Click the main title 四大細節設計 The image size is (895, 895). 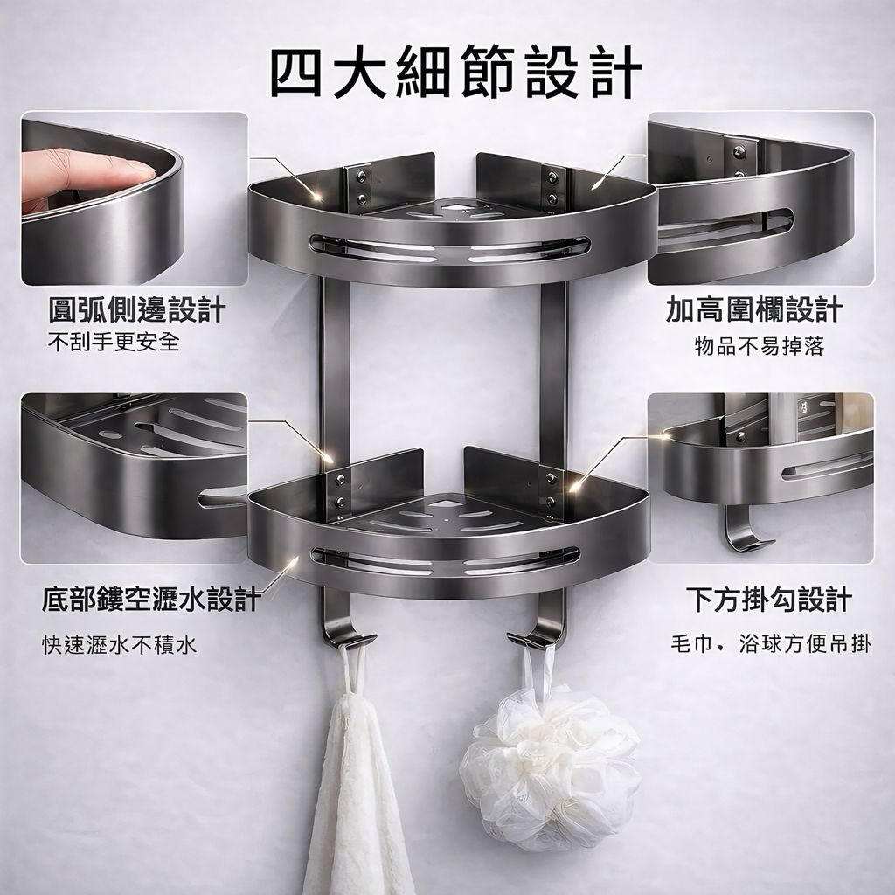pyautogui.click(x=456, y=73)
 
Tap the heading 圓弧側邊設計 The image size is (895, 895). pyautogui.click(x=137, y=310)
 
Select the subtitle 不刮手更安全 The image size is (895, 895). pyautogui.click(x=114, y=342)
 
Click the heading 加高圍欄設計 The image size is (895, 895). pyautogui.click(x=754, y=310)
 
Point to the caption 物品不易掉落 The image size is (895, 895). pyautogui.click(x=760, y=346)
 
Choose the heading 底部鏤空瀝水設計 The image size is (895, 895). pyautogui.click(x=151, y=600)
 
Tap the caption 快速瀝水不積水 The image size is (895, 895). pyautogui.click(x=120, y=645)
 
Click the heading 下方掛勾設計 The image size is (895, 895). pyautogui.click(x=769, y=600)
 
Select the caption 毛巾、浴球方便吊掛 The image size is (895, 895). pyautogui.click(x=771, y=643)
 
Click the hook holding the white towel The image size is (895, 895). pyautogui.click(x=342, y=622)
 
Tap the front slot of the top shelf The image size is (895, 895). pyautogui.click(x=450, y=249)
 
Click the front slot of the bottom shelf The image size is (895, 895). pyautogui.click(x=445, y=561)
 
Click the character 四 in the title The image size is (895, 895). pyautogui.click(x=296, y=73)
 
